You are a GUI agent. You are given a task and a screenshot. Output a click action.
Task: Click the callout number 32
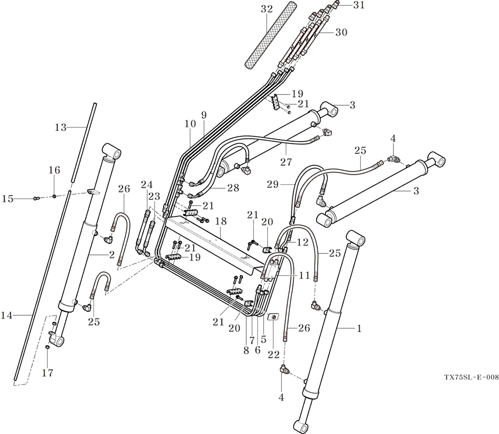pos(267,9)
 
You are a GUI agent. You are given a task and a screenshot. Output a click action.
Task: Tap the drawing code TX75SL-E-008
pos(471,378)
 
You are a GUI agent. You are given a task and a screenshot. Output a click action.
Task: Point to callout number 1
pos(359,328)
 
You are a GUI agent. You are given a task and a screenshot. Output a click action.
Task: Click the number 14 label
pos(7,315)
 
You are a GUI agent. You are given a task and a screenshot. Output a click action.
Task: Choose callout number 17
pos(47,373)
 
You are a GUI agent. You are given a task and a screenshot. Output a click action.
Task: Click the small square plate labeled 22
pos(273,317)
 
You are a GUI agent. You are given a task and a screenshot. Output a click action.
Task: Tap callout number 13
pos(60,127)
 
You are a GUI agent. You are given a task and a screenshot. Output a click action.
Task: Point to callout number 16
pos(54,170)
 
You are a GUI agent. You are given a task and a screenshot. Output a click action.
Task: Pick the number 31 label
pos(359,5)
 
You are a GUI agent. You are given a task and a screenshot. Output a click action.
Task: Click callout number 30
pos(341,32)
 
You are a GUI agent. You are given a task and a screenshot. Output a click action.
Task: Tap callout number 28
pos(233,188)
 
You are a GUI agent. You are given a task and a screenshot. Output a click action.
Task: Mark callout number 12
pos(302,242)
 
